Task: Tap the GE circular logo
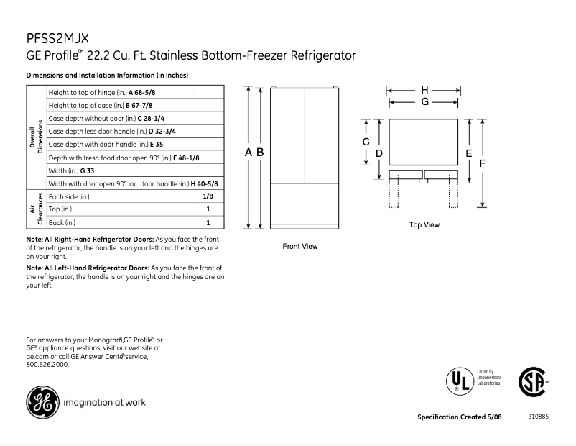[x=43, y=402]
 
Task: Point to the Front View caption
[x=300, y=247]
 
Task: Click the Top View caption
[x=424, y=225]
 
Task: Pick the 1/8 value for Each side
[x=207, y=196]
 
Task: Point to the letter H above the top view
[x=424, y=90]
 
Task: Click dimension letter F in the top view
[x=483, y=163]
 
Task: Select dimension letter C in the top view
[x=366, y=142]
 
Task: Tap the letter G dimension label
[x=424, y=102]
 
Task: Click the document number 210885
[x=538, y=417]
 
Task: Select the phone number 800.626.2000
[x=47, y=365]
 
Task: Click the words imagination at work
[x=105, y=402]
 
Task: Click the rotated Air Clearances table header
[x=36, y=209]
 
